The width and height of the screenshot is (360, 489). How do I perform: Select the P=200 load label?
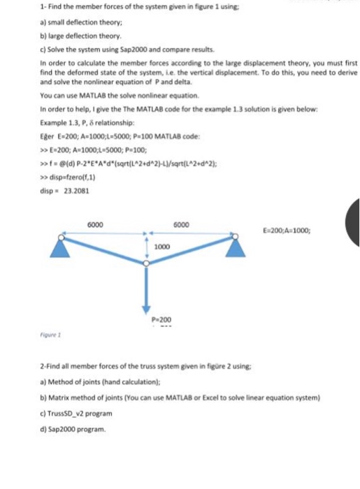coord(161,319)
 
